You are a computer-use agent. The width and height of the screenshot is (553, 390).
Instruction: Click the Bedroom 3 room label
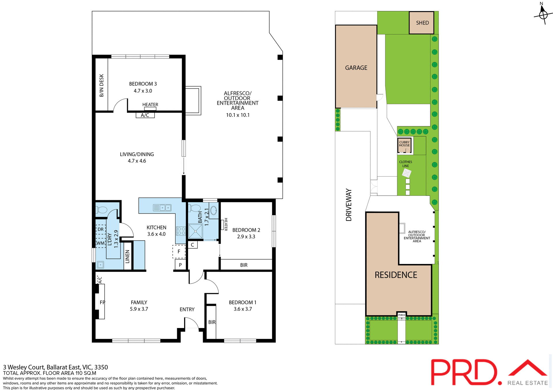pos(143,84)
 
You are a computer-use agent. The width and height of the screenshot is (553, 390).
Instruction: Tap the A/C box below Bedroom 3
pos(145,115)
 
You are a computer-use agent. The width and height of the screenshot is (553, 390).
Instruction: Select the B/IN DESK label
pos(101,85)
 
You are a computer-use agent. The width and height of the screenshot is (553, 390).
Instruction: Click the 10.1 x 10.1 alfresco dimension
pos(238,115)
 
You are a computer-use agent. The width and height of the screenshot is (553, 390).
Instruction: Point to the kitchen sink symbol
pos(162,208)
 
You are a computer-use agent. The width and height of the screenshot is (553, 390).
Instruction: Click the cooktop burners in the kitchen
pos(181,231)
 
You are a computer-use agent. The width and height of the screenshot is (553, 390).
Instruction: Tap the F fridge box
pos(179,252)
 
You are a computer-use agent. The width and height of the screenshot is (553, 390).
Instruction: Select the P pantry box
pos(180,265)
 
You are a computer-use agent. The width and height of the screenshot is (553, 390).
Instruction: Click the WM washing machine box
pos(101,243)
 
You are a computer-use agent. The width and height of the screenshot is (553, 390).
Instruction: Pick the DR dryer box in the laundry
pos(101,229)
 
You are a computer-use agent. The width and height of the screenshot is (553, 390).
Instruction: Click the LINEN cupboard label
pos(127,256)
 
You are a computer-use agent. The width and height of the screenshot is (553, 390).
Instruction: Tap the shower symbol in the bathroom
pos(196,231)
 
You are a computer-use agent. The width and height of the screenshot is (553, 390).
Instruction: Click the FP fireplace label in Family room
pos(102,302)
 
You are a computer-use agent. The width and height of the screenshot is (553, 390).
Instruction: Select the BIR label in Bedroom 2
pos(244,265)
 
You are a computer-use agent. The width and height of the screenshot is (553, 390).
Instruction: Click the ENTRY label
pos(187,309)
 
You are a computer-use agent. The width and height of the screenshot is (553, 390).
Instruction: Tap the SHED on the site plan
pos(422,23)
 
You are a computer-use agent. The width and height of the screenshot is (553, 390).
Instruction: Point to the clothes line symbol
pos(406,173)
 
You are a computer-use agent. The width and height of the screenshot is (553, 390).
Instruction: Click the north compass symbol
pos(543,14)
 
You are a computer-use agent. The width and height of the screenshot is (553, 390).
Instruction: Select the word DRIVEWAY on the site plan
pos(349,205)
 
